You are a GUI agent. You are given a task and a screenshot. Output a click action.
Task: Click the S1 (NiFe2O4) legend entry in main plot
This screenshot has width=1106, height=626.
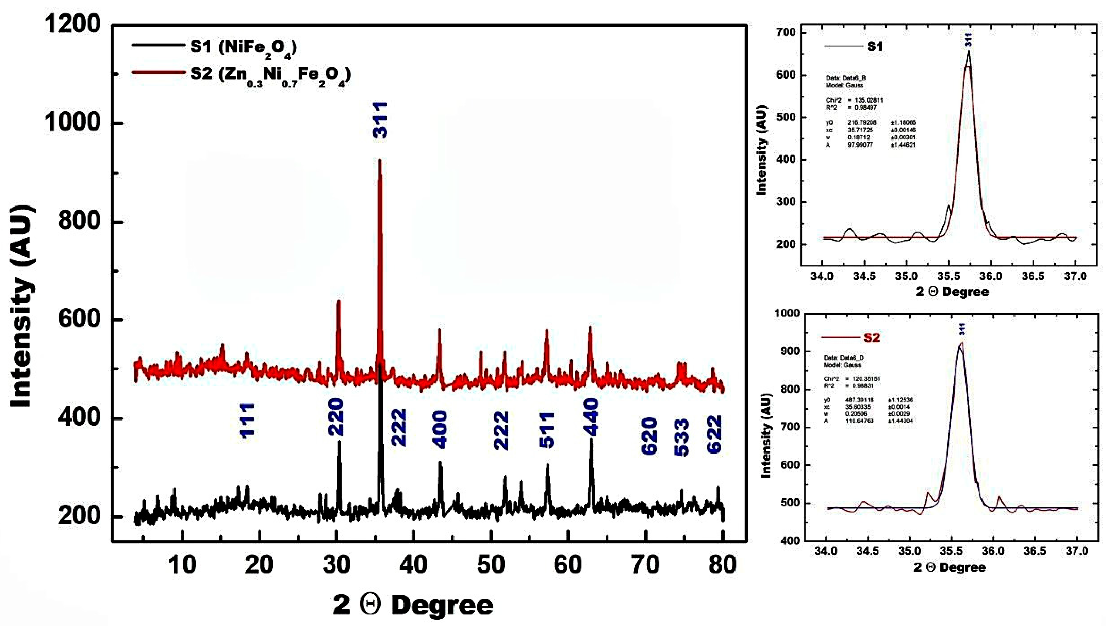point(243,46)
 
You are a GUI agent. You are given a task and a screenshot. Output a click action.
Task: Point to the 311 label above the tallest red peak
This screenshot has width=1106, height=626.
point(380,120)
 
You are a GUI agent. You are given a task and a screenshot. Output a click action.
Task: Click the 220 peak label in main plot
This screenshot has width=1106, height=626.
point(336,417)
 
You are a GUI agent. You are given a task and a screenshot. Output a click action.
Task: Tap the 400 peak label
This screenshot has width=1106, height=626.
point(440,430)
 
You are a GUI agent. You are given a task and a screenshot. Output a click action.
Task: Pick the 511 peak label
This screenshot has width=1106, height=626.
point(547,430)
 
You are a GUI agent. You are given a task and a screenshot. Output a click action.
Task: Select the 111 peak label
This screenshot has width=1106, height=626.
point(247,421)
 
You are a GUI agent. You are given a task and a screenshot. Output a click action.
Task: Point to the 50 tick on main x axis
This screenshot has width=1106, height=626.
point(491,564)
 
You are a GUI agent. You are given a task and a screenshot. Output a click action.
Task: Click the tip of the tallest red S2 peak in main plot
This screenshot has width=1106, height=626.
point(380,161)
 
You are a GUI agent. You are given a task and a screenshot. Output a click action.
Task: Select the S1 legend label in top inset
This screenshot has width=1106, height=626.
point(875,46)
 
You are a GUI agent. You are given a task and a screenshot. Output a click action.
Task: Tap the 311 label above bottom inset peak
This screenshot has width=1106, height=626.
point(962,329)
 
